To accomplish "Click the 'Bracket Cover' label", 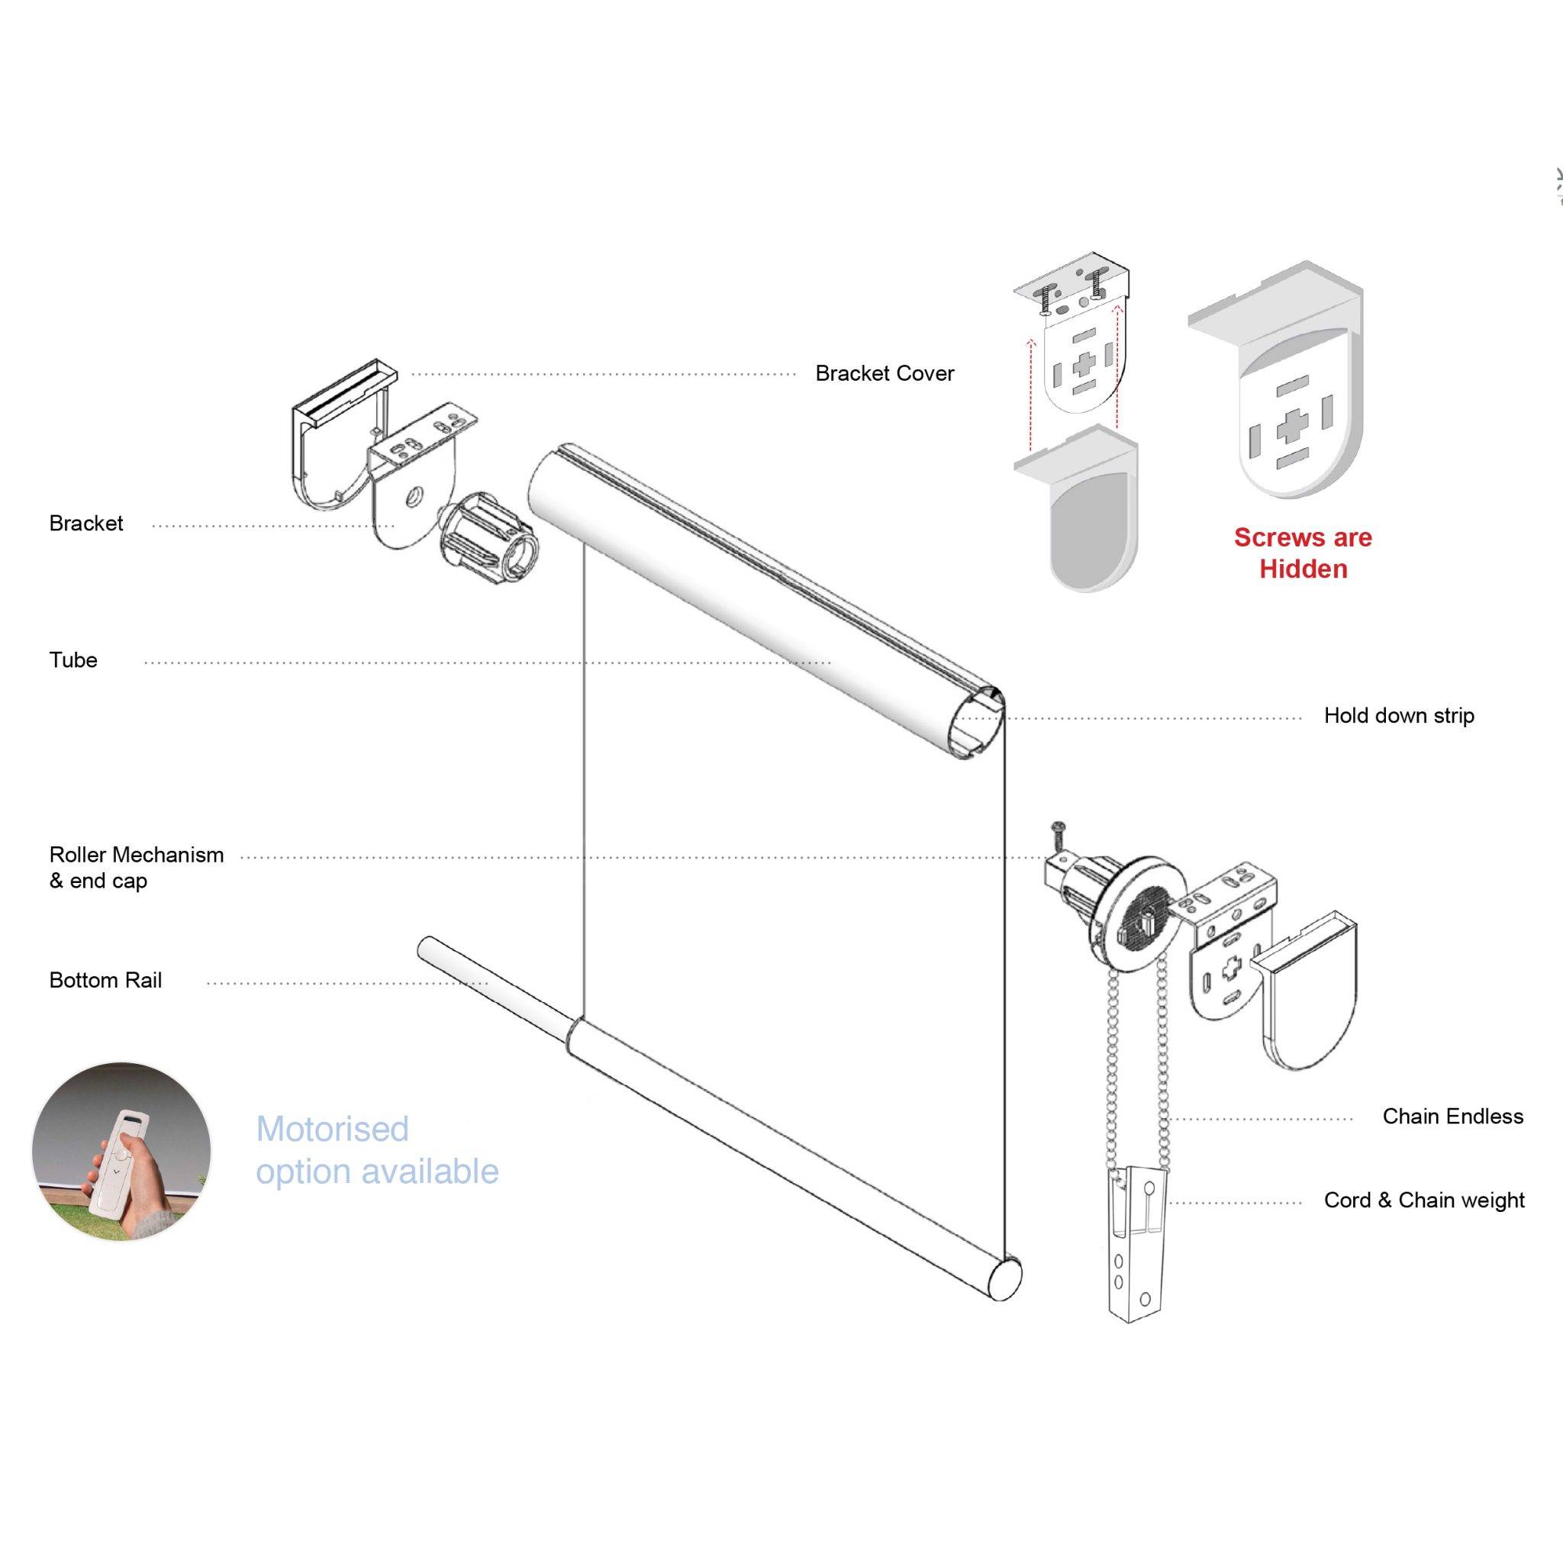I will (885, 374).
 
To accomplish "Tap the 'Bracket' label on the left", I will (85, 524).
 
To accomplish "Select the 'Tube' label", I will (73, 660).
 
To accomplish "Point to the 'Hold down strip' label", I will (1399, 716).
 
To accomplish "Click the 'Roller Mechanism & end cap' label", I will (136, 867).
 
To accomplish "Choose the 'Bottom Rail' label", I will (105, 981).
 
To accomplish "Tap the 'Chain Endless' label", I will (1452, 1117).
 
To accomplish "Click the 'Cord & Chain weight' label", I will (1424, 1200).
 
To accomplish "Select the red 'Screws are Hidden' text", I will (1303, 553).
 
